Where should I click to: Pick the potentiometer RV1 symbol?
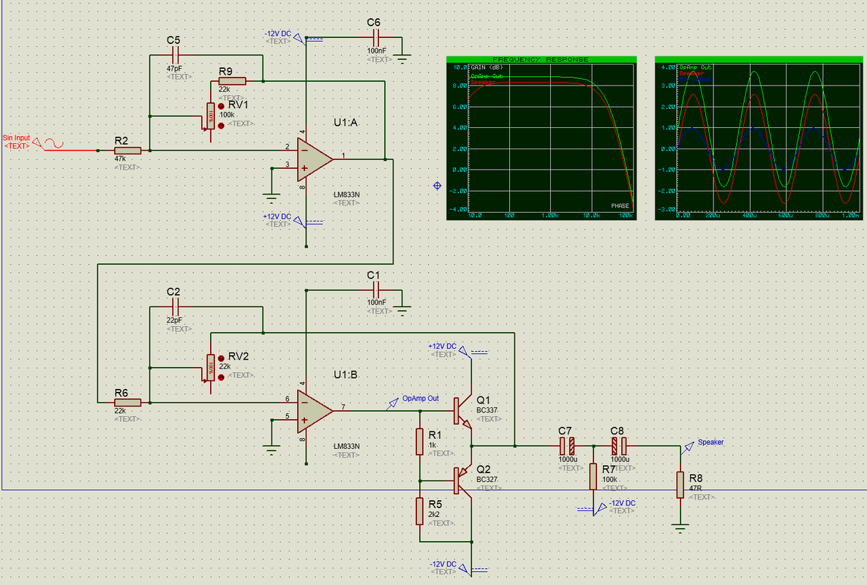[x=210, y=116]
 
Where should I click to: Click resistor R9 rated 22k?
[x=232, y=80]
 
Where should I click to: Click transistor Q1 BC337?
[x=463, y=411]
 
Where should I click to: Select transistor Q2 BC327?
[x=463, y=480]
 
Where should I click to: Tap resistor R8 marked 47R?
[x=680, y=484]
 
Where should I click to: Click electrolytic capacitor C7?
[x=567, y=445]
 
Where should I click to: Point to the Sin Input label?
[x=17, y=137]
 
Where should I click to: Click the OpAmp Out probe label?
[x=421, y=399]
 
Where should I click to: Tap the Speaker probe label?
[x=710, y=442]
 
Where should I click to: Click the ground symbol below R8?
[x=680, y=526]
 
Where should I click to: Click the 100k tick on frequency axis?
[x=624, y=216]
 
